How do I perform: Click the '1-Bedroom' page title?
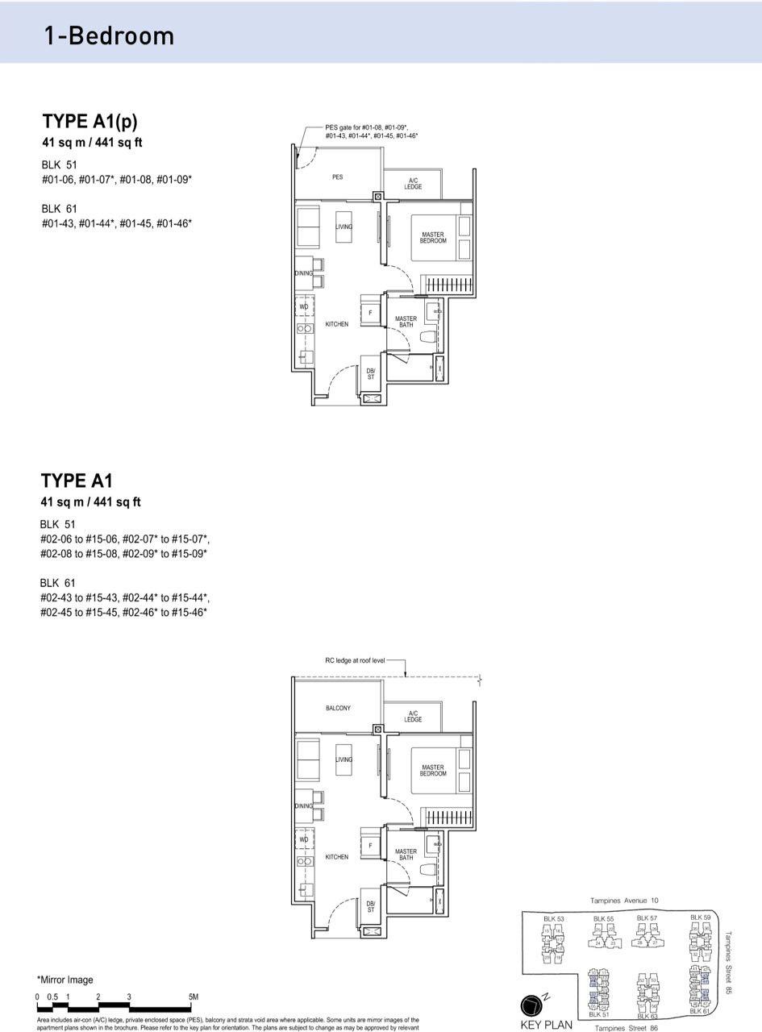[109, 35]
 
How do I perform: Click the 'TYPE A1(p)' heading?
[90, 121]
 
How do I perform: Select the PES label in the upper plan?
[337, 177]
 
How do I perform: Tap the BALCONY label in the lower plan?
[338, 708]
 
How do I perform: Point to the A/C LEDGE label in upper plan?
[413, 184]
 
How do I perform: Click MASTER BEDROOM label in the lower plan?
[432, 771]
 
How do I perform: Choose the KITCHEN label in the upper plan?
[337, 324]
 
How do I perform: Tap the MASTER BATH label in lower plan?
[406, 855]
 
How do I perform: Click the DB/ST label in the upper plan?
[371, 373]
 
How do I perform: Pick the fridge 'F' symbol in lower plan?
[370, 846]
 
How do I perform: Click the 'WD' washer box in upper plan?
[304, 307]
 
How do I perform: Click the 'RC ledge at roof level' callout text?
[355, 660]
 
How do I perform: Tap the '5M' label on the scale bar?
[193, 997]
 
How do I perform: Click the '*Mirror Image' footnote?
[65, 980]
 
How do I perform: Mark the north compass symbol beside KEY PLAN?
[533, 1005]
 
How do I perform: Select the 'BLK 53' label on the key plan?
[554, 919]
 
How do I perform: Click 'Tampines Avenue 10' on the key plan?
[624, 901]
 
